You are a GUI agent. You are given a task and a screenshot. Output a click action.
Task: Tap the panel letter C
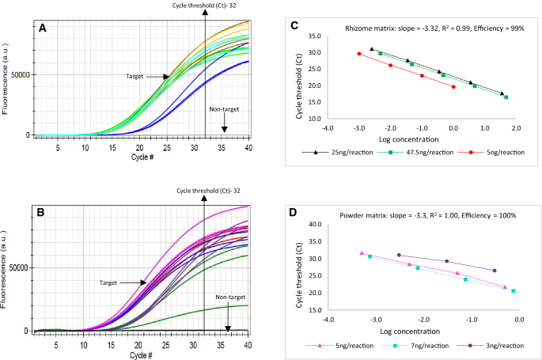click(x=294, y=26)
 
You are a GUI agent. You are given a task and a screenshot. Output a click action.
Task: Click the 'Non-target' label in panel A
click(x=225, y=109)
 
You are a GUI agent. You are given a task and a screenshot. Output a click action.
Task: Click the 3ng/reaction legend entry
click(x=498, y=346)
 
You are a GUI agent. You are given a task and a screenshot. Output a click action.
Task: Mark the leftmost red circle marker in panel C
click(x=358, y=54)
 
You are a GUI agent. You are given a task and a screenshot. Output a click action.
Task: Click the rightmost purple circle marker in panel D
click(x=495, y=271)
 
